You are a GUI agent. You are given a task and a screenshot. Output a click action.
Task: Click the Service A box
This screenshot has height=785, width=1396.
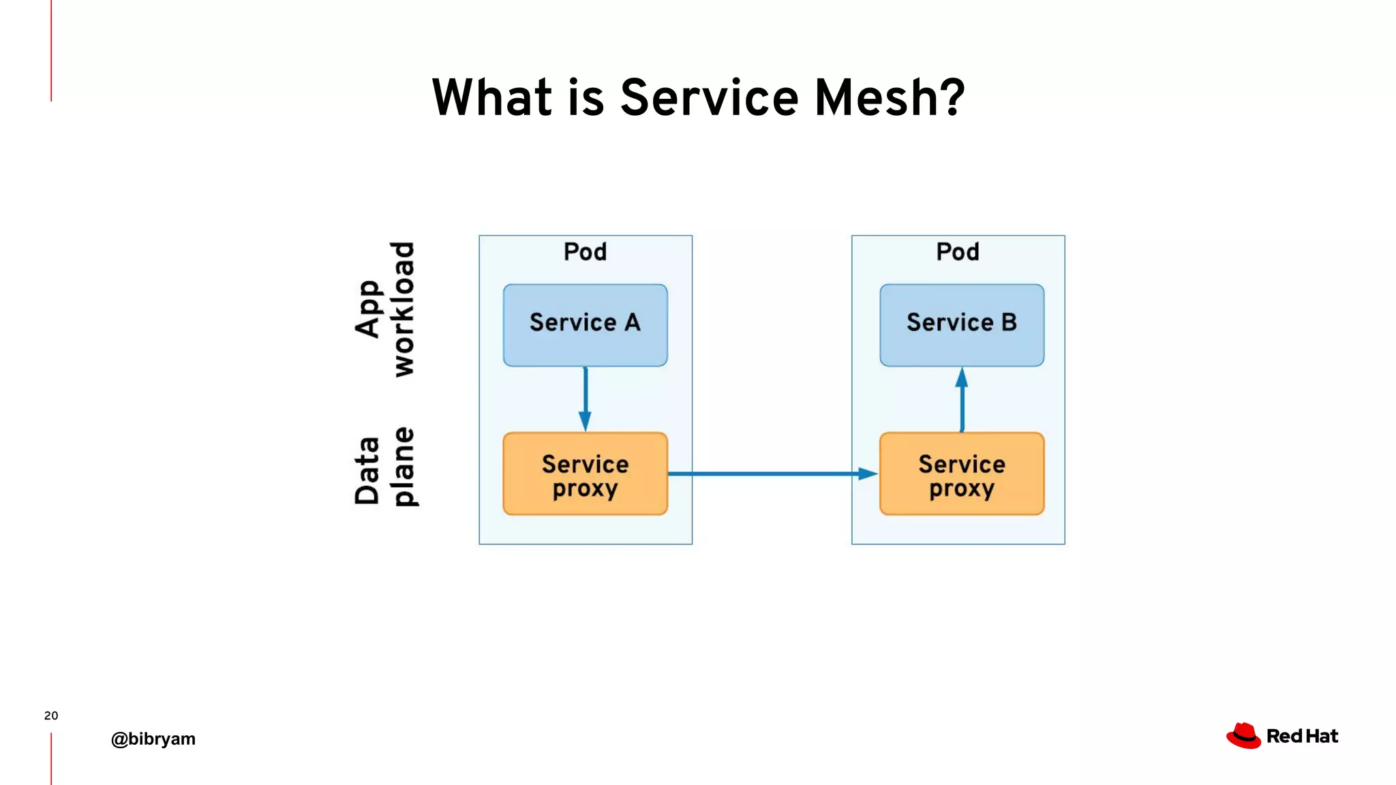[x=585, y=325]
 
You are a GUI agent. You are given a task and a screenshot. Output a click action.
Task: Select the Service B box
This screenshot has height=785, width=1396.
[x=961, y=325]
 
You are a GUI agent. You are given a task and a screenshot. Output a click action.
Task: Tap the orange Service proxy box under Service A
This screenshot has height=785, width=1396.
[x=585, y=474]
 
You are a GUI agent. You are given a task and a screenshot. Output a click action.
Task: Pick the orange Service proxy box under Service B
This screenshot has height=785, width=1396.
[x=961, y=474]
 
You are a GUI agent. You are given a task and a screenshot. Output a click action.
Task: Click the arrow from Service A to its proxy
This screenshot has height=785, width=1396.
[x=585, y=399]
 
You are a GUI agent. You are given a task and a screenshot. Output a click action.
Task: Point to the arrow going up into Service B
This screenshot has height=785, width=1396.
[x=962, y=400]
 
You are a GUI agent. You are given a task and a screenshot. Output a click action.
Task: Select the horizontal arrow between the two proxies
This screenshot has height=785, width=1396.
[x=770, y=473]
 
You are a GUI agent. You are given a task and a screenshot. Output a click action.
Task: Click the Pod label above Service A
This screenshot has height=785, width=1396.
[x=585, y=252]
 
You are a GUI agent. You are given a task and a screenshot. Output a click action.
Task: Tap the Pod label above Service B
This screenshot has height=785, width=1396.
[x=957, y=252]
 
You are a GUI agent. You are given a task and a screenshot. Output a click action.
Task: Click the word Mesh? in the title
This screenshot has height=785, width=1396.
[x=890, y=97]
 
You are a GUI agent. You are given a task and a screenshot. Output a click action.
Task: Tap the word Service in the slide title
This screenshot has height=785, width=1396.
[x=709, y=97]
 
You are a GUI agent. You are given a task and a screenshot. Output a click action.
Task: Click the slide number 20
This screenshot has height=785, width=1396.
[x=51, y=715]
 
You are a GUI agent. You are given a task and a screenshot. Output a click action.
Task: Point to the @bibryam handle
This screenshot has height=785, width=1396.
[x=153, y=739]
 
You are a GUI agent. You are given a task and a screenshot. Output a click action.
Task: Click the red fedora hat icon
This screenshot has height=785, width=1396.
[x=1243, y=736]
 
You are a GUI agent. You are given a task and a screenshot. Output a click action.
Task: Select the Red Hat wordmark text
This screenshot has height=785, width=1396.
[x=1302, y=736]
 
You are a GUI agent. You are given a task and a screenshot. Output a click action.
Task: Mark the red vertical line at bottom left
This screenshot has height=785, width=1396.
[x=51, y=758]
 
